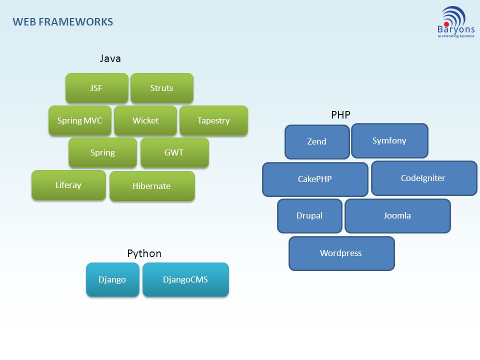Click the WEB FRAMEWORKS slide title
point(63,22)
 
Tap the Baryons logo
point(456,22)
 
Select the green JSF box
point(97,88)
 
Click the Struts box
point(162,88)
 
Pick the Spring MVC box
point(80,120)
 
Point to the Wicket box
point(145,120)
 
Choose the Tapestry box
point(213,120)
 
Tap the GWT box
point(175,152)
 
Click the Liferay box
point(68,185)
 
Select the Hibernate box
point(152,186)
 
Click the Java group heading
point(110,58)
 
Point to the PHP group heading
point(340,115)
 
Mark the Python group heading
point(144,254)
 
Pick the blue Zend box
point(317,141)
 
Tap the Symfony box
point(389,141)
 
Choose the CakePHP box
point(315,179)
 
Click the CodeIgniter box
point(424,178)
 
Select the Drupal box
point(310,216)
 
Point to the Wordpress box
point(341,253)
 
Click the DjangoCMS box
point(186,279)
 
